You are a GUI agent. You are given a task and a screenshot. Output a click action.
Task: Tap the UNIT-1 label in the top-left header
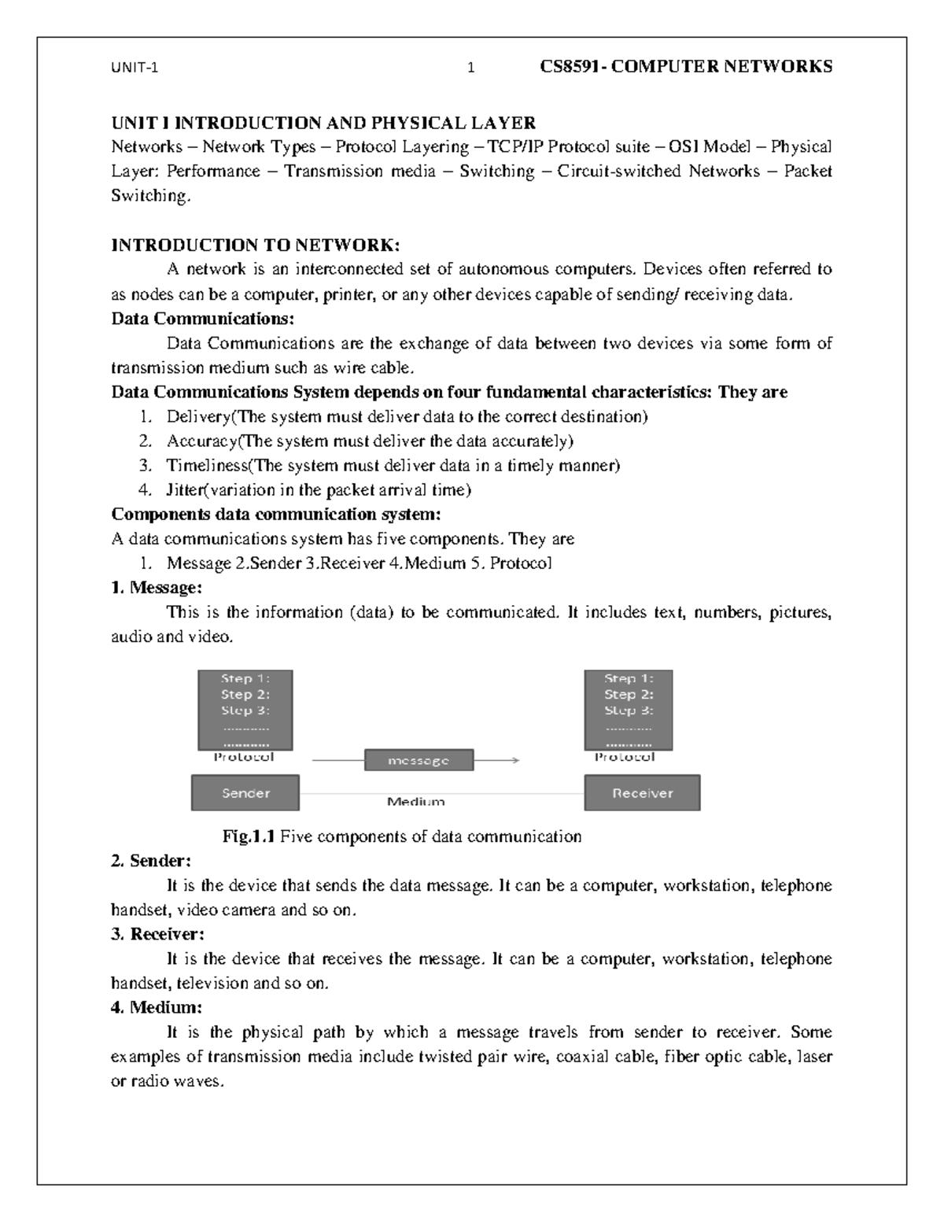135,68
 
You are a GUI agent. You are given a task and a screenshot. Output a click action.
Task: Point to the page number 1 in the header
471,68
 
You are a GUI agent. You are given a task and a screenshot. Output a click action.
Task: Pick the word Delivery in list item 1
197,416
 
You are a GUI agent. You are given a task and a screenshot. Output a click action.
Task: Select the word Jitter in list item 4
185,489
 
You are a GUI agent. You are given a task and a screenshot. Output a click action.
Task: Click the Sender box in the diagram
245,793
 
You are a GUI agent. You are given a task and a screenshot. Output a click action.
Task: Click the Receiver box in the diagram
642,793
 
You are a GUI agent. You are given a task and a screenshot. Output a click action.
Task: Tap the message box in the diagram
419,761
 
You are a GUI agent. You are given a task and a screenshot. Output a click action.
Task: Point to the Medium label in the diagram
415,802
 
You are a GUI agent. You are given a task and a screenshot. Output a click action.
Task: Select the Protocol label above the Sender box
244,757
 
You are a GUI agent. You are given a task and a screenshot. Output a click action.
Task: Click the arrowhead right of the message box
515,760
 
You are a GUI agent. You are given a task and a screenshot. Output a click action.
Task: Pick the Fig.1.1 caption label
249,836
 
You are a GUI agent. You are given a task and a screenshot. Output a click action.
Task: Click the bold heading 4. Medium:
157,1007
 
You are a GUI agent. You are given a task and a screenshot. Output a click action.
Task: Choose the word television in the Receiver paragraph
212,983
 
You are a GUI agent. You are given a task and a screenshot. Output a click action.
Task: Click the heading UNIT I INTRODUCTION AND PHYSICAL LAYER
323,123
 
